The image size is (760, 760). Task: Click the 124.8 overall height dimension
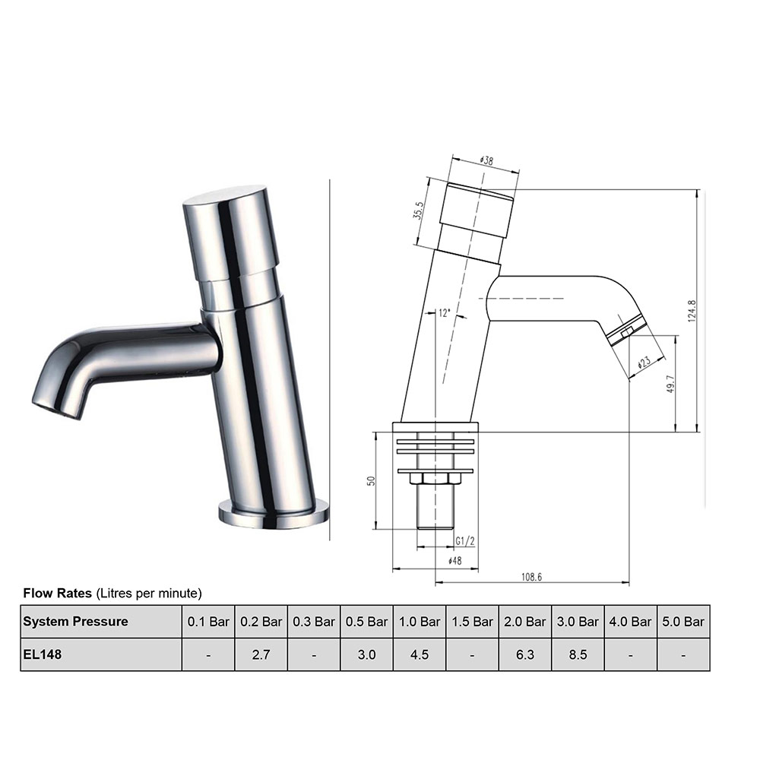pyautogui.click(x=692, y=311)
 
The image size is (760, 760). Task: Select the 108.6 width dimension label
pyautogui.click(x=531, y=577)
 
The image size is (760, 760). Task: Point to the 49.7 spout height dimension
pyautogui.click(x=670, y=384)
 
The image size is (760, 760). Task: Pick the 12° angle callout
pyautogui.click(x=445, y=312)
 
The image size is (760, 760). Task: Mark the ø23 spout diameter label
pyautogui.click(x=642, y=363)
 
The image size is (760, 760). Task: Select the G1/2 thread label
pyautogui.click(x=464, y=540)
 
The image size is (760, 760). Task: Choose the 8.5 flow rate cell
pyautogui.click(x=578, y=654)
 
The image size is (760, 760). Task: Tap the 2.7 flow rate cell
pyautogui.click(x=261, y=654)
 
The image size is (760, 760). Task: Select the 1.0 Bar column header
pyautogui.click(x=419, y=621)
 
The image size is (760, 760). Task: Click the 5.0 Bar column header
pyautogui.click(x=682, y=621)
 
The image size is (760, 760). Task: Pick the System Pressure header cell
pyautogui.click(x=75, y=621)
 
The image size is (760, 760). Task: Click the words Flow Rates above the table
pyautogui.click(x=58, y=592)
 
